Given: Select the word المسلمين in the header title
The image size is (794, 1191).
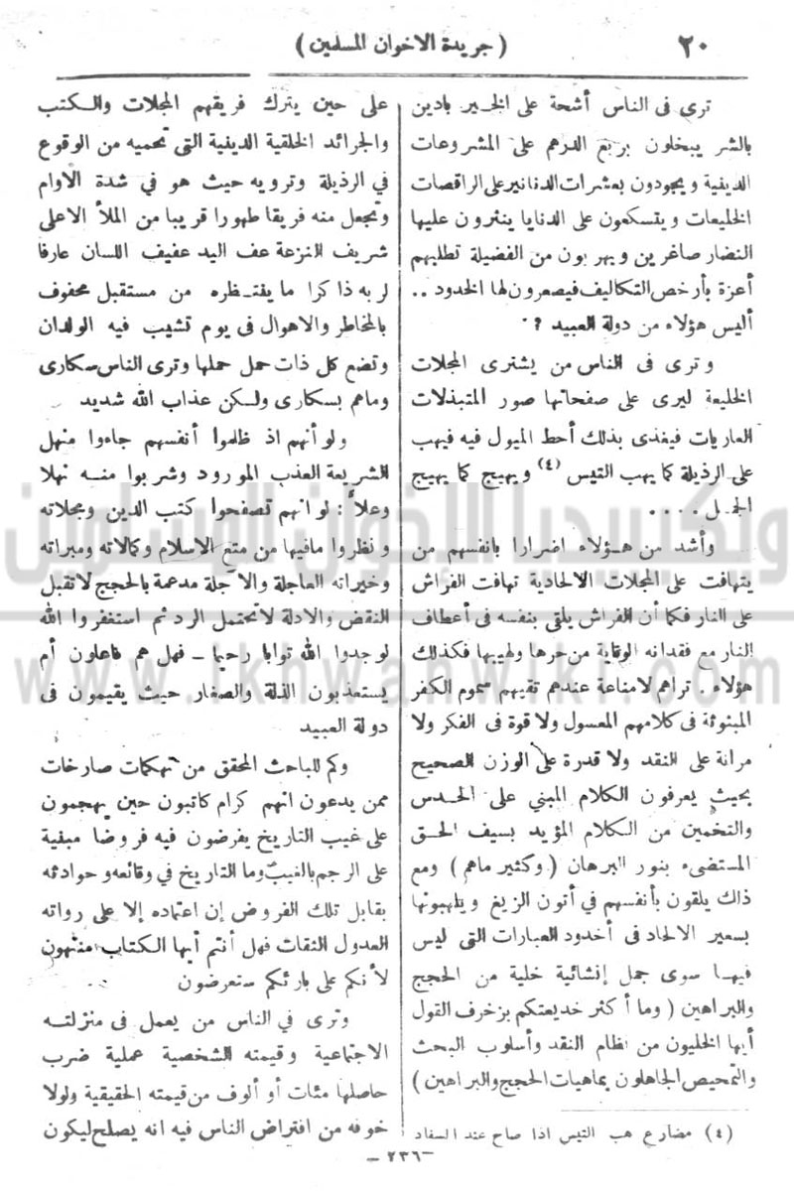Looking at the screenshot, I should pos(343,46).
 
